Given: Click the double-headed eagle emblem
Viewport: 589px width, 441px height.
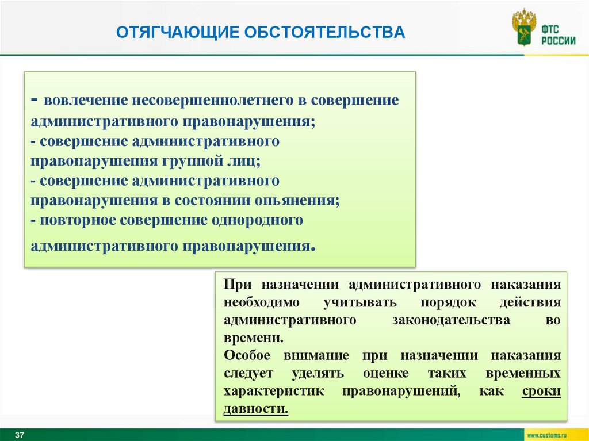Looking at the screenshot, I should pos(523,27).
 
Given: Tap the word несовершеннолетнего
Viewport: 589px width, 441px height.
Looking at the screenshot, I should pos(213,100).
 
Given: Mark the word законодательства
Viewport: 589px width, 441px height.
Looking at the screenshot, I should pos(451,320).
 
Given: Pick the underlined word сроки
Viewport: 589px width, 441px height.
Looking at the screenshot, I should pos(541,391).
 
